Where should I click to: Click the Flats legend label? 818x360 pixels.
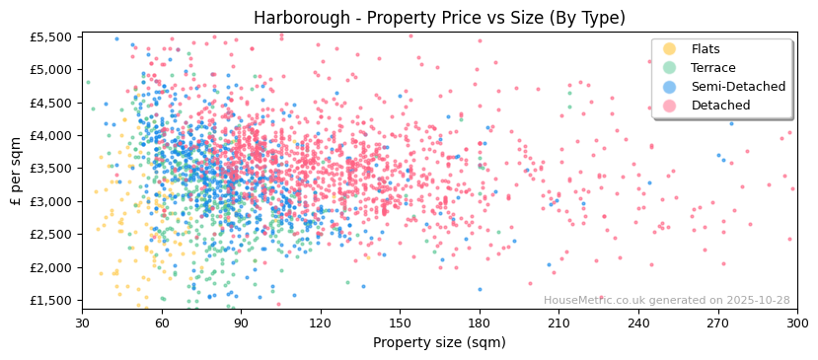tap(706, 49)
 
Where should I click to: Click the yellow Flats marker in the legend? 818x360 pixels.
tap(669, 49)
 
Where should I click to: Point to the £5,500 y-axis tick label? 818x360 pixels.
tap(52, 36)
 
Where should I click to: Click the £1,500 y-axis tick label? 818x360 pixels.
tap(52, 301)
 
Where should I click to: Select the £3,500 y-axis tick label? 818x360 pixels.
tap(52, 169)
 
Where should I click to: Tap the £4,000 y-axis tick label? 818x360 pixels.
tap(52, 136)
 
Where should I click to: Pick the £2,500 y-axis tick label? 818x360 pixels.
tap(52, 235)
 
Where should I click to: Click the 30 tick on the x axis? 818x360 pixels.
tap(82, 323)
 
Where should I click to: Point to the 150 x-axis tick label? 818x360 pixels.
tap(400, 323)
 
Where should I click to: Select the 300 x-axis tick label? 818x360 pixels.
tap(796, 323)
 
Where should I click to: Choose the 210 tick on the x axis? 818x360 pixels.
tap(558, 323)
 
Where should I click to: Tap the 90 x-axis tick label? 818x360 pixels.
tap(241, 323)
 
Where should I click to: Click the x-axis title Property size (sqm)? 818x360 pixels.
tap(439, 342)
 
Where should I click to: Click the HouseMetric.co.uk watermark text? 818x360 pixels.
tap(666, 301)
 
